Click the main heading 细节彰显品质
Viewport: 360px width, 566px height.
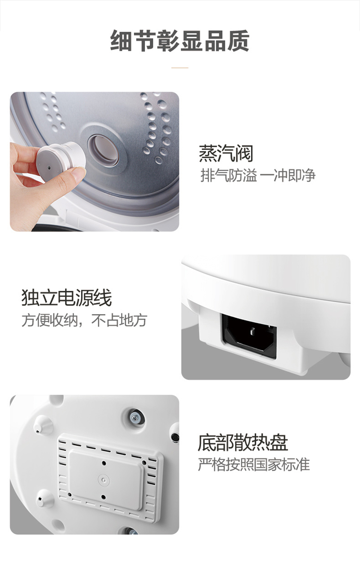[180, 40]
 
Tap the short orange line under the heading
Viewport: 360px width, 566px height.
[180, 68]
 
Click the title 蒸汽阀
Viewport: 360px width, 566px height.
[226, 153]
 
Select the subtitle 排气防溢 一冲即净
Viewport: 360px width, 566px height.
[258, 176]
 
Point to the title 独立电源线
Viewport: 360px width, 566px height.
[66, 298]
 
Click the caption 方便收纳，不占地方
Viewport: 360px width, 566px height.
[84, 320]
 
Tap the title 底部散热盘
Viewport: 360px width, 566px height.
[243, 443]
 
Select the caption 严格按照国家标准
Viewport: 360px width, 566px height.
[254, 465]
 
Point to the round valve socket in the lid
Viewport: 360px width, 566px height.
[104, 150]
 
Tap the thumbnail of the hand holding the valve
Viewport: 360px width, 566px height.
[94, 161]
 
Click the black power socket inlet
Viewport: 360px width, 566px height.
[249, 336]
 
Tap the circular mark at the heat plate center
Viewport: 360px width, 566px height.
[104, 480]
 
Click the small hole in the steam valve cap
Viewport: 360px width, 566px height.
[48, 168]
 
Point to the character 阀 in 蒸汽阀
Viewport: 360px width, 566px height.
[244, 153]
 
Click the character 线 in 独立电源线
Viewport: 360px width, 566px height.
[103, 298]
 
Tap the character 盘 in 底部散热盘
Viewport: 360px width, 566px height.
[279, 443]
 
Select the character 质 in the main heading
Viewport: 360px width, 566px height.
[238, 40]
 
